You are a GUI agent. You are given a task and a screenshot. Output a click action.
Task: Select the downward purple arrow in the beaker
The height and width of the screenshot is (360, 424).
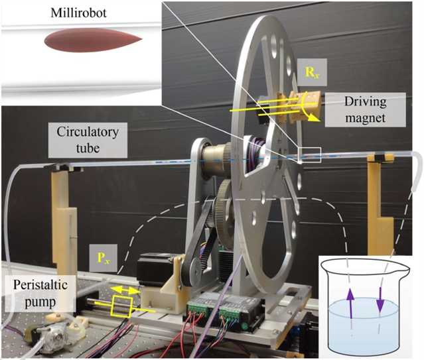point(380,306)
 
